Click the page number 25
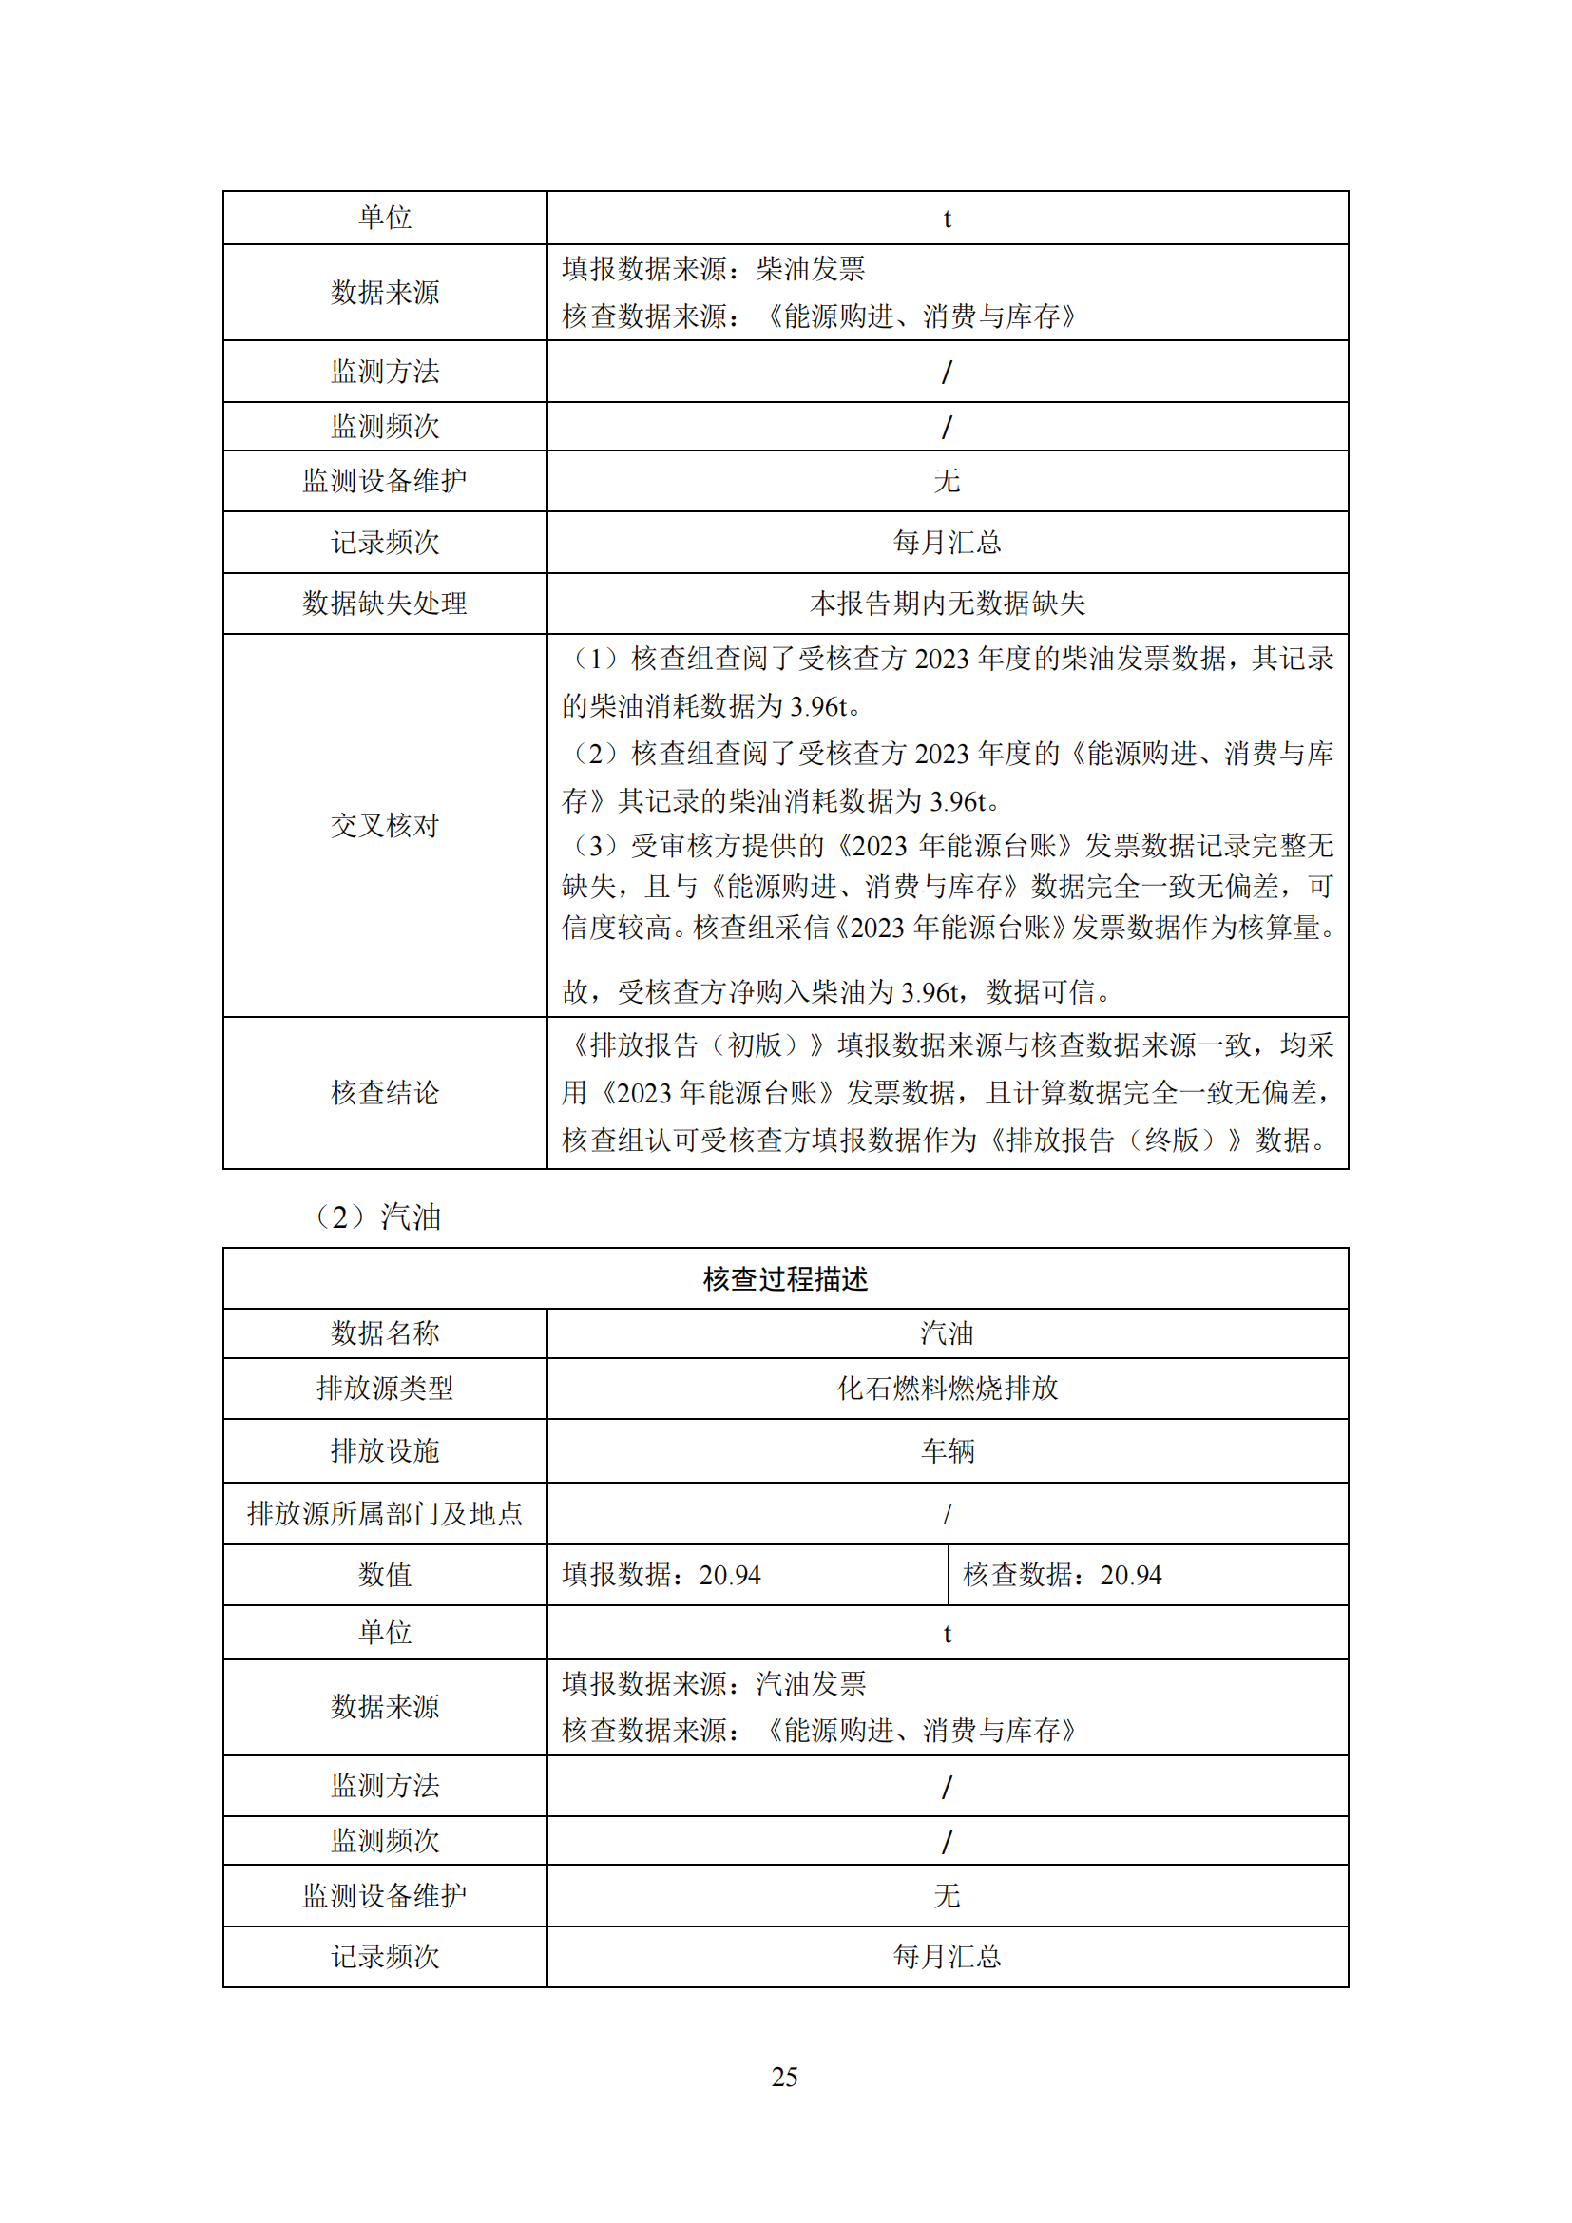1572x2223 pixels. (x=784, y=2077)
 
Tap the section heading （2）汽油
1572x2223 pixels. (x=377, y=1217)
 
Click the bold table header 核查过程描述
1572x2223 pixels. (x=785, y=1279)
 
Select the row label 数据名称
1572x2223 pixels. (x=384, y=1333)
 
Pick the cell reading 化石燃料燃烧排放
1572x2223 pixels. (x=947, y=1389)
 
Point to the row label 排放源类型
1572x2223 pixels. (x=384, y=1389)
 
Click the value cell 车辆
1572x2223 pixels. (x=947, y=1450)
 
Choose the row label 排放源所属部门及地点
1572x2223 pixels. (x=384, y=1513)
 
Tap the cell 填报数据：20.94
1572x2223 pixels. (x=662, y=1575)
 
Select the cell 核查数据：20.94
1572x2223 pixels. (x=1062, y=1575)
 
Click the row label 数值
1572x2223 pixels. (x=384, y=1575)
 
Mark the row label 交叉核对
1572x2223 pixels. (x=384, y=825)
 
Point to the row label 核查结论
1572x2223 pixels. (x=384, y=1093)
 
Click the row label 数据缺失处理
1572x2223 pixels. (x=384, y=604)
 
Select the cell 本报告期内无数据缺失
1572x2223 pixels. (x=947, y=604)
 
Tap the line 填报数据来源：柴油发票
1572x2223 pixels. (x=714, y=268)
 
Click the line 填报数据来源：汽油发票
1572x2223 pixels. (x=714, y=1684)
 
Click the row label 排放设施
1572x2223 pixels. (x=384, y=1450)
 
